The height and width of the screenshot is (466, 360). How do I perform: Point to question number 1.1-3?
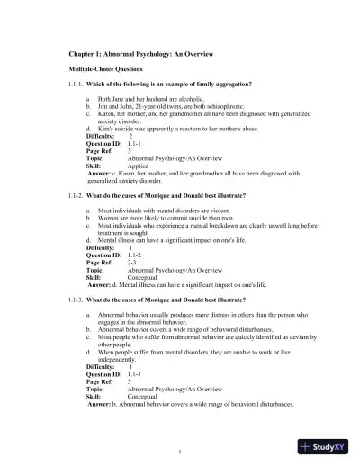coord(79,297)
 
